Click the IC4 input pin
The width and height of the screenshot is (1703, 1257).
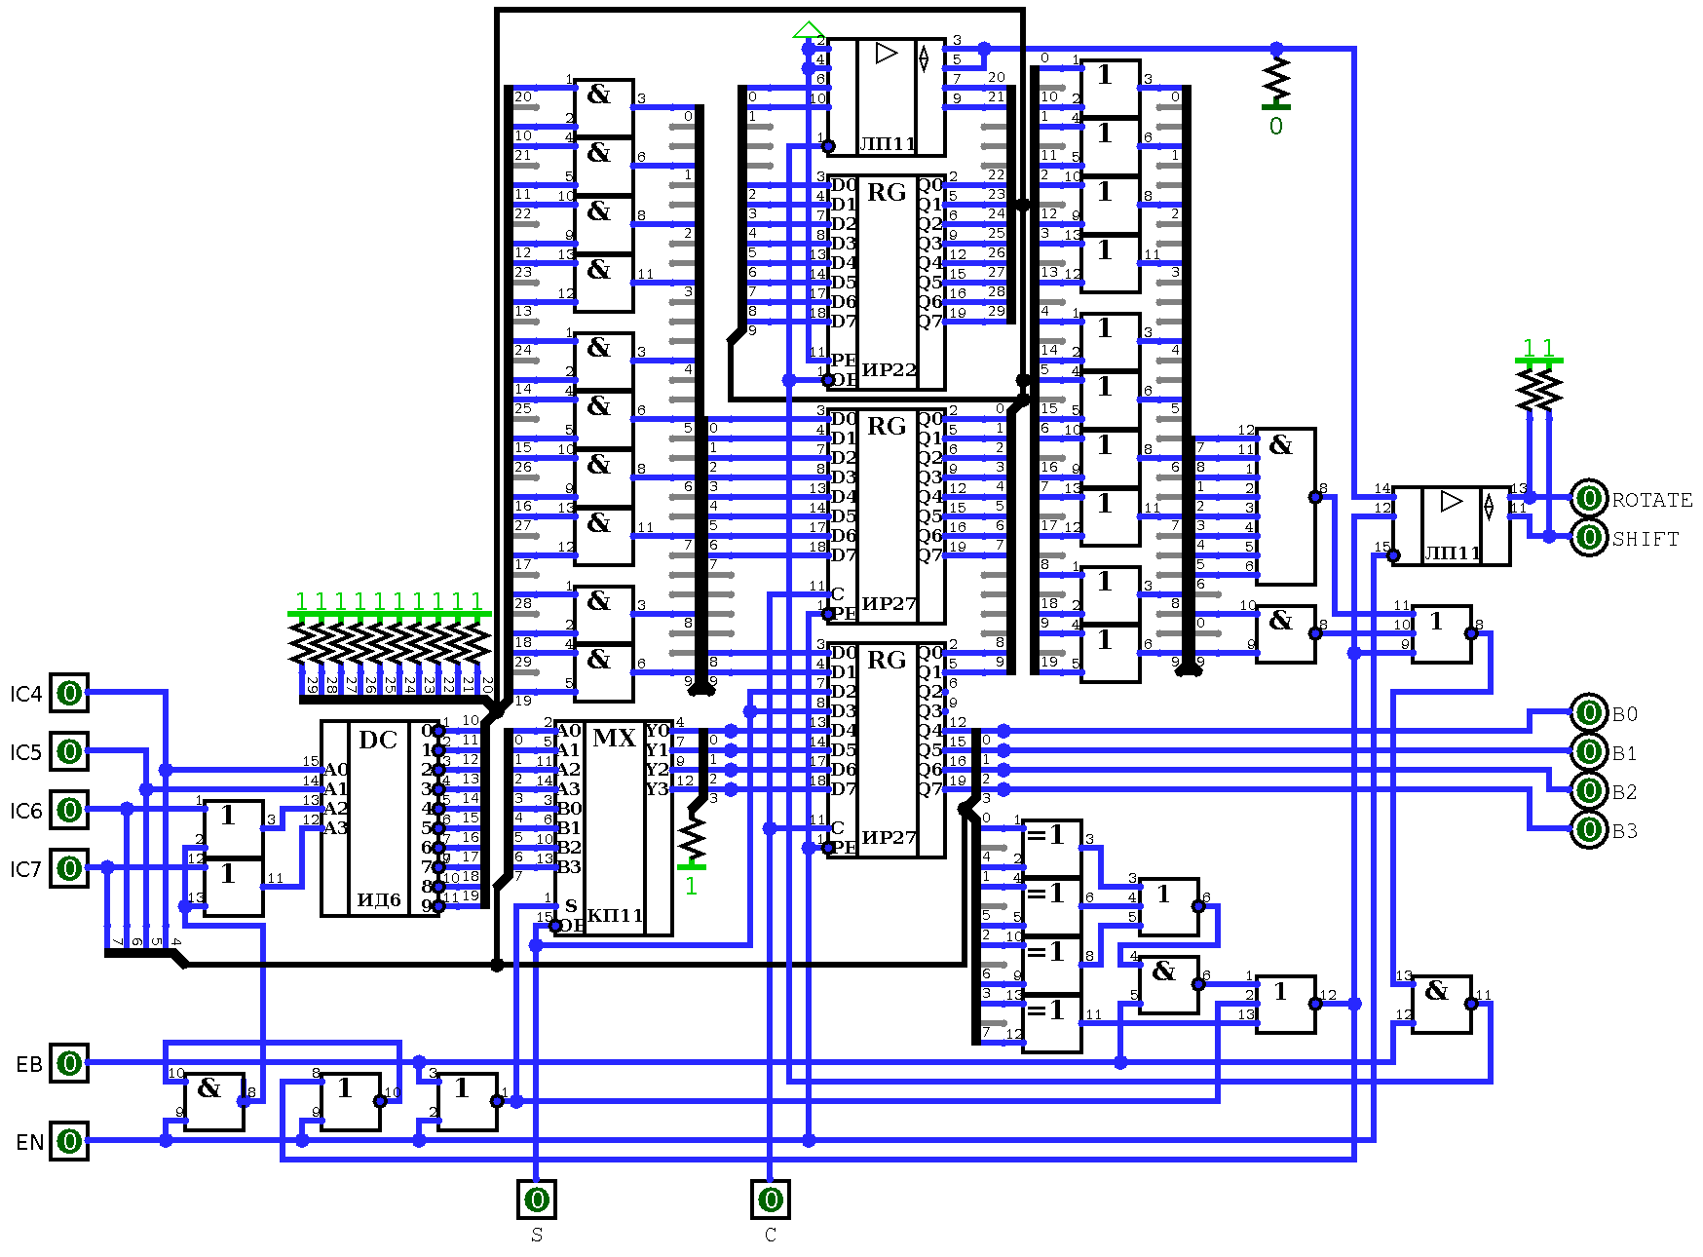click(x=69, y=693)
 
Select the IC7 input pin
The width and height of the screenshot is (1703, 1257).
click(x=69, y=868)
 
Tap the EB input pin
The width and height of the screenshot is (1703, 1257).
click(x=69, y=1063)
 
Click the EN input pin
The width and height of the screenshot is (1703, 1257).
click(x=69, y=1141)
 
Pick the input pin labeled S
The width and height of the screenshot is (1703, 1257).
click(x=537, y=1200)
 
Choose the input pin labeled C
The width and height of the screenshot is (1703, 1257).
click(x=771, y=1200)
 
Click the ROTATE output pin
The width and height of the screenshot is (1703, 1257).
click(x=1589, y=498)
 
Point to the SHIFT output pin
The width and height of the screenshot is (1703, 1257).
click(x=1589, y=537)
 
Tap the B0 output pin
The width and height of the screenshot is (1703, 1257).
click(x=1589, y=712)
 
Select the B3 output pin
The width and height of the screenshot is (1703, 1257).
click(x=1589, y=829)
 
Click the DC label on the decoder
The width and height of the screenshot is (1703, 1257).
click(x=378, y=740)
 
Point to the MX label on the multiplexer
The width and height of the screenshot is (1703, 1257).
click(x=614, y=738)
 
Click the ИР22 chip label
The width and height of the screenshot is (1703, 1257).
click(x=889, y=369)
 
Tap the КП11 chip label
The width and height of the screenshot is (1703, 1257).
click(x=615, y=915)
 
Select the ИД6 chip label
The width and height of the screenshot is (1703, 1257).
click(x=379, y=899)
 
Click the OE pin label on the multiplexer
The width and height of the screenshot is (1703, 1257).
click(x=571, y=925)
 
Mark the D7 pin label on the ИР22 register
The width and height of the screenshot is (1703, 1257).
click(x=843, y=321)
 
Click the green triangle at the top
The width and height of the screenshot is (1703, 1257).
click(x=809, y=30)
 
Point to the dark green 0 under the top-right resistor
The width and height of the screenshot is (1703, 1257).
click(x=1276, y=126)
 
